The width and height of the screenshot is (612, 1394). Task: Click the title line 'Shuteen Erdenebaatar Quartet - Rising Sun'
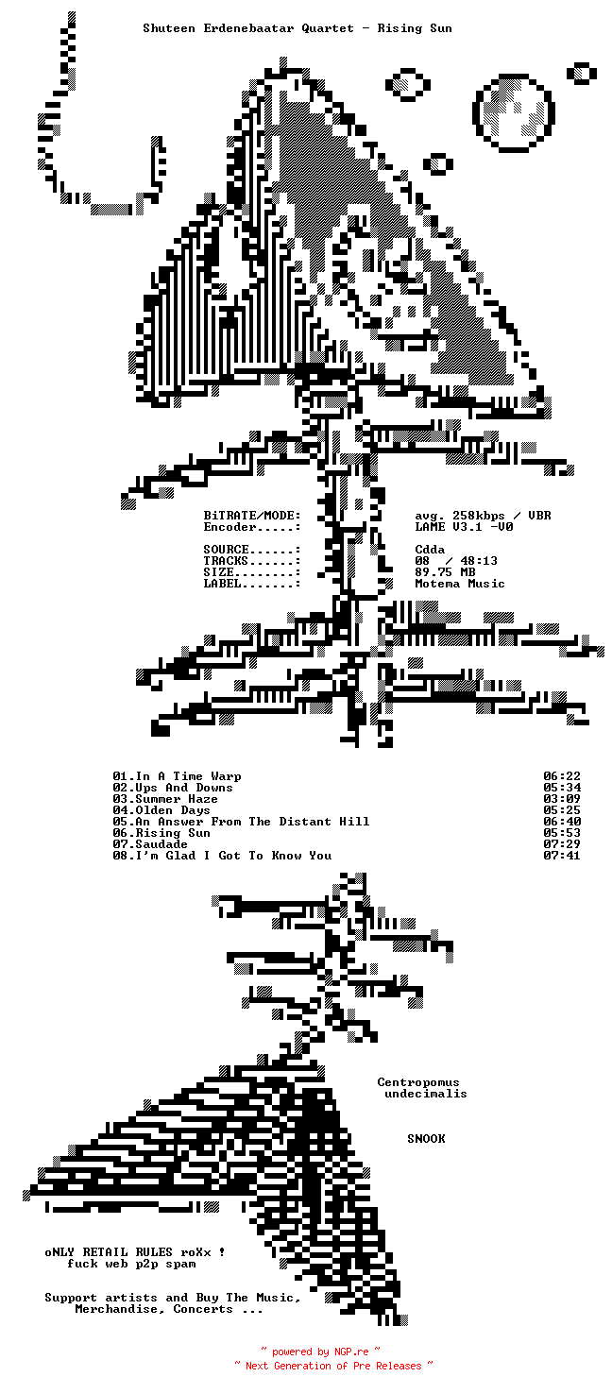point(297,28)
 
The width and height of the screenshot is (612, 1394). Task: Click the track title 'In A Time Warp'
point(188,776)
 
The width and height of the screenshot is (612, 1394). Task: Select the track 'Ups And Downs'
point(184,788)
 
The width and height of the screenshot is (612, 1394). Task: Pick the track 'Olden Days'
point(173,810)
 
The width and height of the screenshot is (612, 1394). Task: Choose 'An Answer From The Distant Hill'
point(252,822)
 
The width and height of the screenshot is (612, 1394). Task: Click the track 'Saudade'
point(161,844)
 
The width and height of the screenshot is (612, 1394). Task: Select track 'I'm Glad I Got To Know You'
point(233,856)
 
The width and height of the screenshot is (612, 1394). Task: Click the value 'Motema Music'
point(460,584)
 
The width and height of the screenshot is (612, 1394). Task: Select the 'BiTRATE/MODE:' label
point(252,516)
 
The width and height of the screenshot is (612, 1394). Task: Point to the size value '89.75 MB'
point(445,572)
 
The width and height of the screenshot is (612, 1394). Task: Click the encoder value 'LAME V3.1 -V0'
point(464,527)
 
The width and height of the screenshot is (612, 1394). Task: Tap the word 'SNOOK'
point(426,1139)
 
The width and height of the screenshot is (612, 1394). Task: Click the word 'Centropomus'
point(418,1082)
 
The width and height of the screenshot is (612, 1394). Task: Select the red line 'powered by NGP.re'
point(320,1352)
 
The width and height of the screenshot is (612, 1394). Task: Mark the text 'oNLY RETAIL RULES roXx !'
point(135,1252)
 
